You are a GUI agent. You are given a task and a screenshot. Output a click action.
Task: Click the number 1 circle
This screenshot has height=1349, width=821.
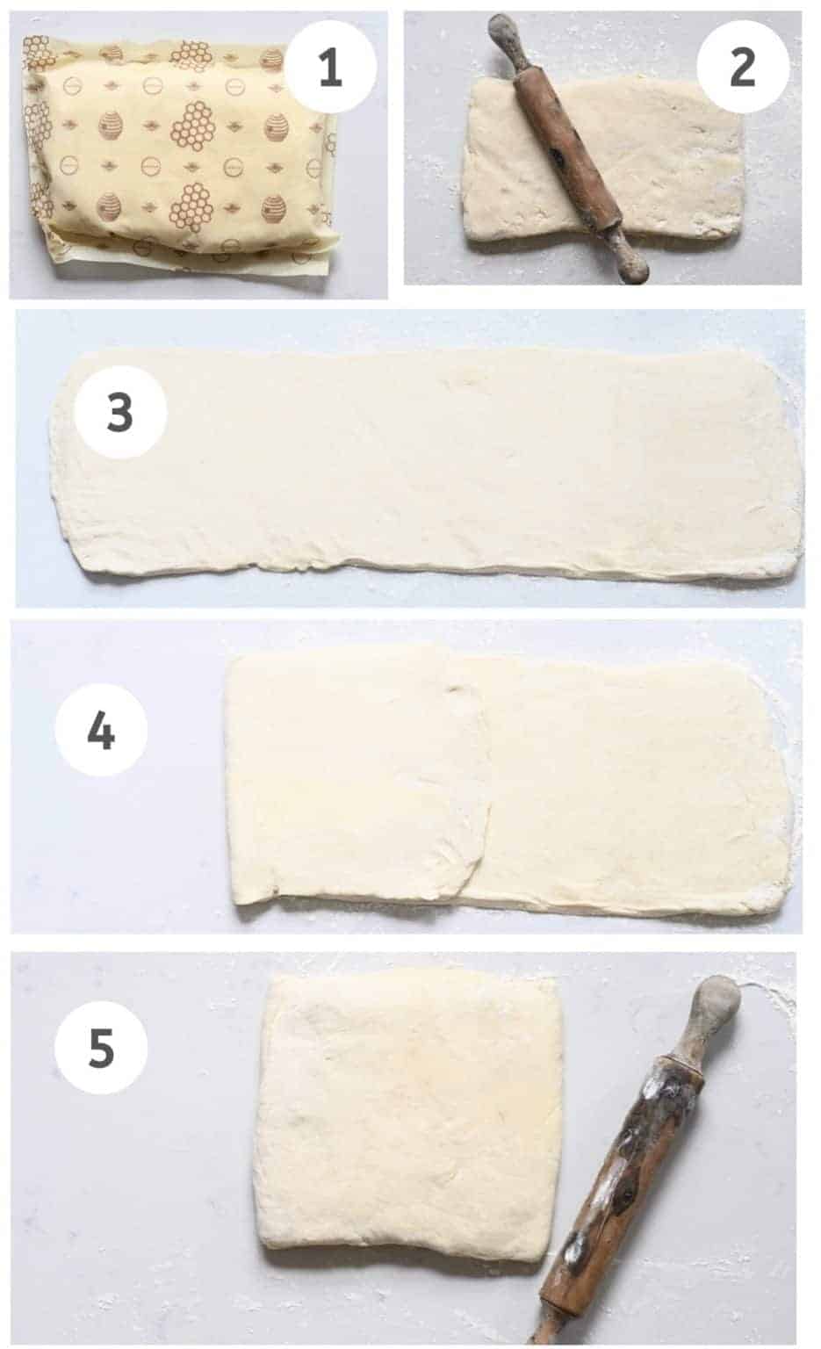pos(330,68)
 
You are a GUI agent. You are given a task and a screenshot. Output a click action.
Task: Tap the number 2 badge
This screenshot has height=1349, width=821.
pos(742,65)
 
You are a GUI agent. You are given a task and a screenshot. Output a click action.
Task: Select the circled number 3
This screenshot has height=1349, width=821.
pos(120,414)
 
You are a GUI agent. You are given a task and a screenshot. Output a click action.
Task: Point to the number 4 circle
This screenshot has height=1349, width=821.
pos(101,730)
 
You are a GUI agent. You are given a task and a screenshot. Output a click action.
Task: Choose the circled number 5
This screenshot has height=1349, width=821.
pos(101,1048)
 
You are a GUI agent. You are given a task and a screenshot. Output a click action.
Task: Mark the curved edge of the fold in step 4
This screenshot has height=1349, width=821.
pos(483,817)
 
